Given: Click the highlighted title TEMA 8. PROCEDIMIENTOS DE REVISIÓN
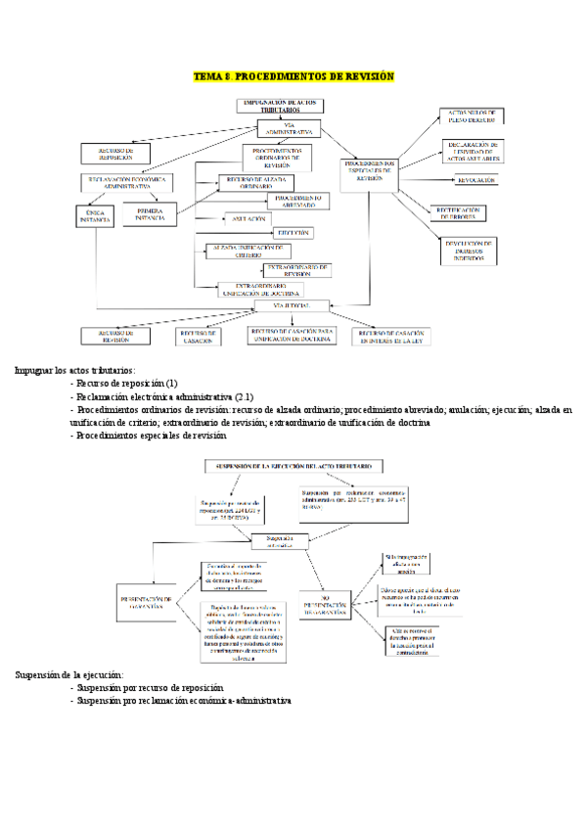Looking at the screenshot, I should click(293, 76).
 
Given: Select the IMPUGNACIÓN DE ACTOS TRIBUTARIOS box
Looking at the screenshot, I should click(280, 106).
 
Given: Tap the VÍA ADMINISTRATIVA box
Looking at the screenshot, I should click(289, 128).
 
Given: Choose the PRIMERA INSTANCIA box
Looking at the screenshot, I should click(150, 215).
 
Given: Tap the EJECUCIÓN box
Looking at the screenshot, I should click(293, 233).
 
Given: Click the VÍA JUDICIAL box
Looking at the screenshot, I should click(290, 306).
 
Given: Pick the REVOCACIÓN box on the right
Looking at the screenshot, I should click(475, 180).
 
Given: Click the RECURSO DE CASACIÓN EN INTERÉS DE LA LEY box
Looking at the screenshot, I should click(391, 336).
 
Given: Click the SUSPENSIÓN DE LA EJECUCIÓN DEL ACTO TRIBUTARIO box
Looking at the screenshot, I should click(293, 467).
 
